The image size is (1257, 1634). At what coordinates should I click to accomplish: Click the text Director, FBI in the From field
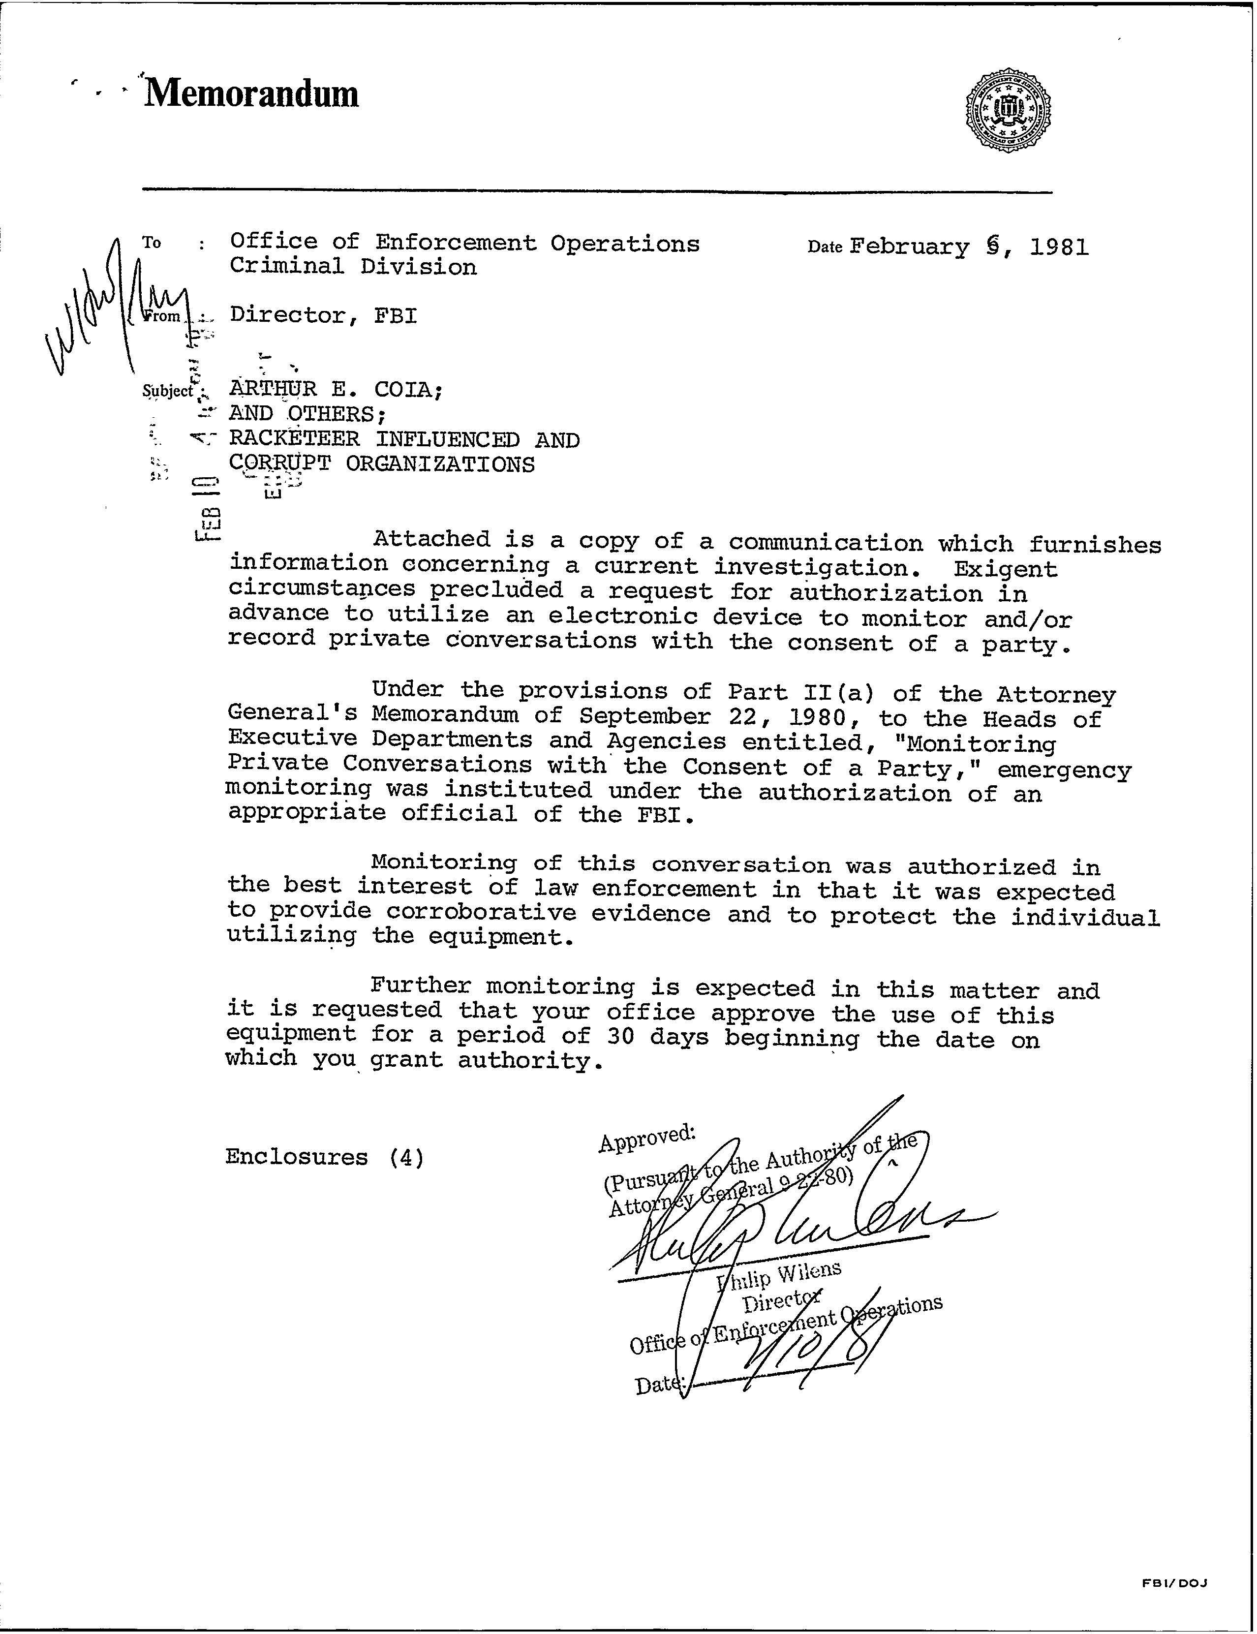pos(323,316)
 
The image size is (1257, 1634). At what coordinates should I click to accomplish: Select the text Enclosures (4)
pos(325,1157)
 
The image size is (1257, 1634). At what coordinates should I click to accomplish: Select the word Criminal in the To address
pos(286,267)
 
